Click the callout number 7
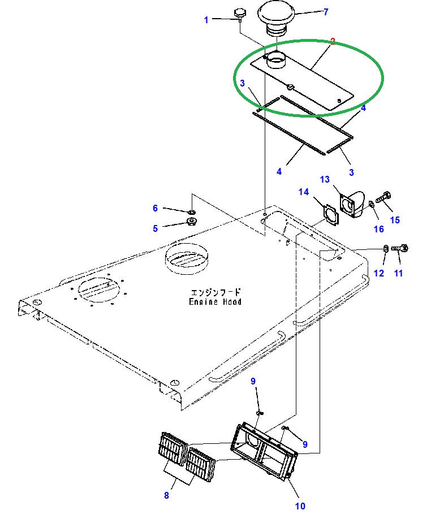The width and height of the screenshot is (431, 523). coord(325,12)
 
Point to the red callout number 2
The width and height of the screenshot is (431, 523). coord(333,41)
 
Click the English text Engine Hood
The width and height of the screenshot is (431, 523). coord(215,302)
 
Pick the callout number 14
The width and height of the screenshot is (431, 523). coord(304,192)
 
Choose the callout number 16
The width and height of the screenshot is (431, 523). coord(378,229)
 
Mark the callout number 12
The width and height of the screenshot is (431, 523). coord(379,274)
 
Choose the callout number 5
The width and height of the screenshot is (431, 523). coord(155,228)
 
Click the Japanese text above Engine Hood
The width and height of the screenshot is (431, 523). coord(215,292)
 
